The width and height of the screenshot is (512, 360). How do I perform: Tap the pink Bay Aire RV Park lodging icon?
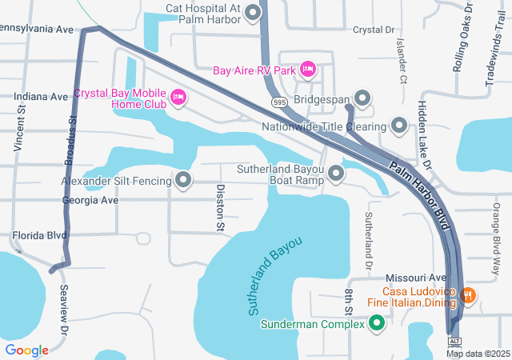pyautogui.click(x=307, y=70)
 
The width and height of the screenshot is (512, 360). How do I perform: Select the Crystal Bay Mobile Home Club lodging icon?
pyautogui.click(x=178, y=98)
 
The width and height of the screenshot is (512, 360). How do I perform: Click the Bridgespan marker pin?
pyautogui.click(x=362, y=99)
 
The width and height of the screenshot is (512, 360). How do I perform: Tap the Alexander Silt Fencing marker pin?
pyautogui.click(x=183, y=180)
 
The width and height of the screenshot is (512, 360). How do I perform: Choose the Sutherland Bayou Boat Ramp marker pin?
pyautogui.click(x=336, y=173)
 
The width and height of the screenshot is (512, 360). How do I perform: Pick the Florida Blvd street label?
pyautogui.click(x=39, y=236)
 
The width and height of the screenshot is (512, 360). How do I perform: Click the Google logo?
pyautogui.click(x=26, y=350)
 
